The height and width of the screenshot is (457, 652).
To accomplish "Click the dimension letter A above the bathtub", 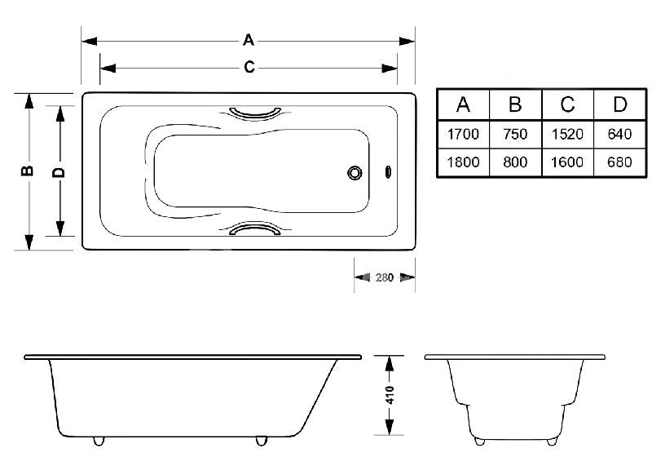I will pyautogui.click(x=249, y=39).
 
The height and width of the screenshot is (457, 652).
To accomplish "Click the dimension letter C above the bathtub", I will pyautogui.click(x=249, y=68).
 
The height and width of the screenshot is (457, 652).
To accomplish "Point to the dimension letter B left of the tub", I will pyautogui.click(x=28, y=171).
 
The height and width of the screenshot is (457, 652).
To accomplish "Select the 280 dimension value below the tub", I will pyautogui.click(x=385, y=277).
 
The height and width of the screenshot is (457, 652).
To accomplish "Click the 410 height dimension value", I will pyautogui.click(x=390, y=395).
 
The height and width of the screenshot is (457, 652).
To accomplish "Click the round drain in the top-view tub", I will pyautogui.click(x=355, y=173).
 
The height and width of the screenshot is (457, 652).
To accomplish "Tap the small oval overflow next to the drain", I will pyautogui.click(x=387, y=173).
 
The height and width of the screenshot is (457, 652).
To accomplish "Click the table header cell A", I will pyautogui.click(x=463, y=105).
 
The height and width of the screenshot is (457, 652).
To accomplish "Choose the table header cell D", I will pyautogui.click(x=620, y=105).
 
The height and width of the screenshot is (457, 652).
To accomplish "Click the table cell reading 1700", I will pyautogui.click(x=463, y=134).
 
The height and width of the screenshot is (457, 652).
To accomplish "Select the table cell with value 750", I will pyautogui.click(x=515, y=134).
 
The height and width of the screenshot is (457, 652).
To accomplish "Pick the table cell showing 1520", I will pyautogui.click(x=568, y=134).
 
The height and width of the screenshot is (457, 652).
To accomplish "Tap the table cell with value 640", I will pyautogui.click(x=620, y=134).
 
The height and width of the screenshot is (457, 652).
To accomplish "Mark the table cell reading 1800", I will pyautogui.click(x=463, y=162).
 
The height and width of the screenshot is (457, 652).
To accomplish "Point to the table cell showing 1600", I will pyautogui.click(x=568, y=162).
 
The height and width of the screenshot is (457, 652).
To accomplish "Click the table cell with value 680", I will pyautogui.click(x=620, y=162).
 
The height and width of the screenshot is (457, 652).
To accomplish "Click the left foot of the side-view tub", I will pyautogui.click(x=99, y=441).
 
